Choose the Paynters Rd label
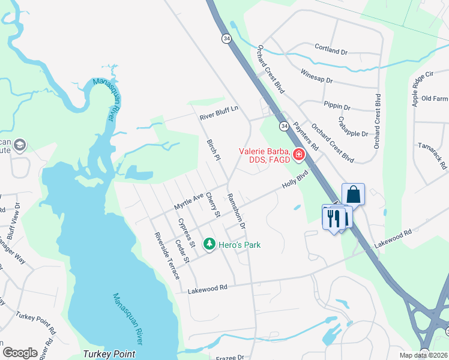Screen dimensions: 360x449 pos(306,137)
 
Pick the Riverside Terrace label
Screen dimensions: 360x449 pos(166,255)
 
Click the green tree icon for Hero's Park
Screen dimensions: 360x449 pos(209,244)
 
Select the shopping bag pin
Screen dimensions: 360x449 pos(353,194)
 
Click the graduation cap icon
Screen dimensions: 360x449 pos(20,145)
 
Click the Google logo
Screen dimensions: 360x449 pos(20,352)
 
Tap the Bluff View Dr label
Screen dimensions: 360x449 pos(13,221)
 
